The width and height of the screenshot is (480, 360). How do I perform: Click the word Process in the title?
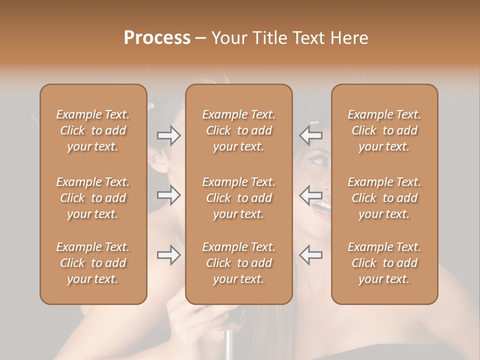pyautogui.click(x=157, y=38)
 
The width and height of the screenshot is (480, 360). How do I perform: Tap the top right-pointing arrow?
pyautogui.click(x=169, y=135)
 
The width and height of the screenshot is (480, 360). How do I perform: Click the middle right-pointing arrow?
pyautogui.click(x=169, y=194)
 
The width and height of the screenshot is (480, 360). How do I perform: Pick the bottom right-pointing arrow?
pyautogui.click(x=169, y=255)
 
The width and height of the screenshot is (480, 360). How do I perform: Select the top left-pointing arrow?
pyautogui.click(x=310, y=135)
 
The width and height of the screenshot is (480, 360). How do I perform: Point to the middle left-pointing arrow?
pyautogui.click(x=310, y=194)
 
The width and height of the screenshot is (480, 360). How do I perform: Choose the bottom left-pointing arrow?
pyautogui.click(x=310, y=255)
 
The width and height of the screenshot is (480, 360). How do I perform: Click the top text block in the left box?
pyautogui.click(x=93, y=130)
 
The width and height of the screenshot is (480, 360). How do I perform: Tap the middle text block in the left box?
pyautogui.click(x=93, y=198)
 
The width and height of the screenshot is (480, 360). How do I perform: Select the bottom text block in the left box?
pyautogui.click(x=93, y=263)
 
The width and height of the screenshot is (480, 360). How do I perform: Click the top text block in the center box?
pyautogui.click(x=238, y=130)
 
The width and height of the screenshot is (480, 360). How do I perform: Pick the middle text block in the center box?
pyautogui.click(x=238, y=198)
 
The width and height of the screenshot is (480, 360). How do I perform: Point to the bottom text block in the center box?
pyautogui.click(x=238, y=263)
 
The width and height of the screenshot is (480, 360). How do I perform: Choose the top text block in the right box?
pyautogui.click(x=384, y=130)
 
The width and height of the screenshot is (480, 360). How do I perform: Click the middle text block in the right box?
pyautogui.click(x=384, y=198)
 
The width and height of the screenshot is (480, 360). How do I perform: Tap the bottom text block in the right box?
pyautogui.click(x=384, y=263)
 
